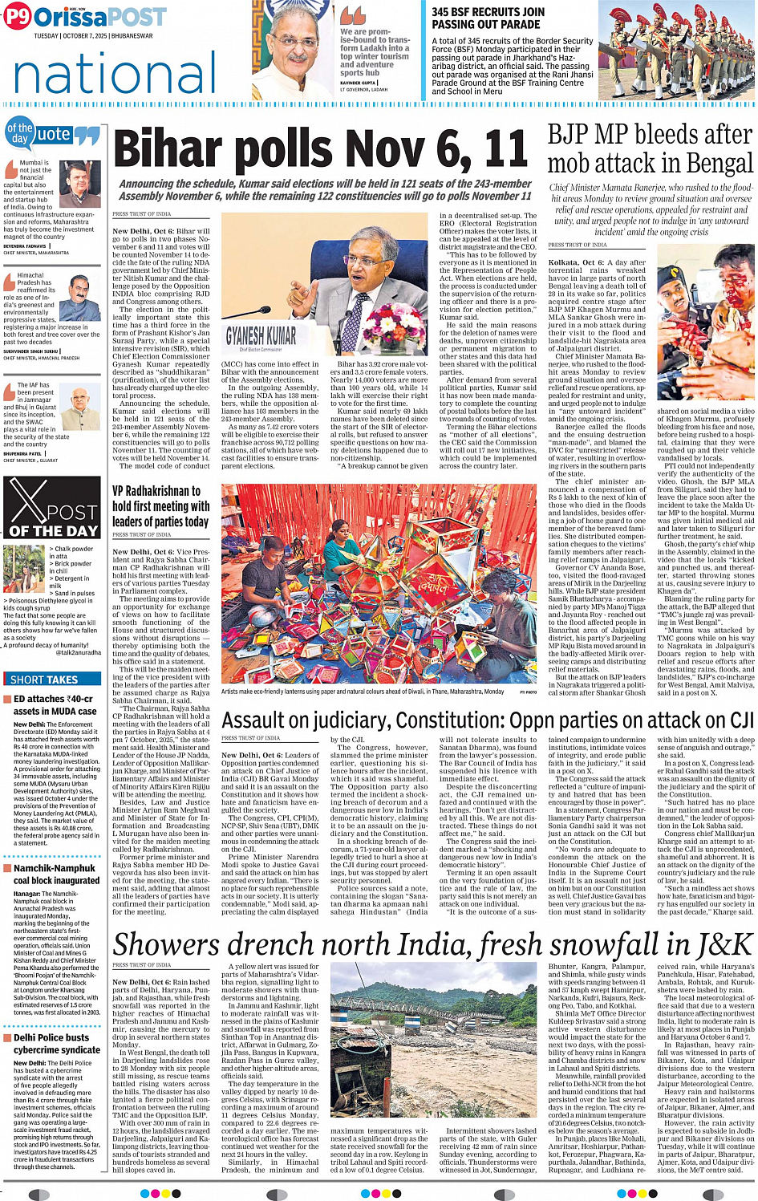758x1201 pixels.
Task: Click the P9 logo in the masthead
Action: pos(18,17)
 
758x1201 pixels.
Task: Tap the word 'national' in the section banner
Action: pos(116,75)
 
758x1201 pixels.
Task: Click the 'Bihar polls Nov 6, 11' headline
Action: pos(321,150)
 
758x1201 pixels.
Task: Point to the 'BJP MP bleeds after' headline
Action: pos(650,134)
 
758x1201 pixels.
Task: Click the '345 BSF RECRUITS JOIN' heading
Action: pos(488,12)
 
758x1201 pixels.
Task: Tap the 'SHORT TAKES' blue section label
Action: pos(44,680)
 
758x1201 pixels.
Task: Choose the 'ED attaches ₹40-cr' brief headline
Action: pos(54,704)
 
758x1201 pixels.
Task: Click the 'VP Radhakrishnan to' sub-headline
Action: pos(156,491)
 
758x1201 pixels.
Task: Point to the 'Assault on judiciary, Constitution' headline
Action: pos(485,720)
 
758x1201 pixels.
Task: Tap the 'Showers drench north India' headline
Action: pos(433,944)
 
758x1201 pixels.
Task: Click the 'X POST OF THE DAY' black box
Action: pos(52,508)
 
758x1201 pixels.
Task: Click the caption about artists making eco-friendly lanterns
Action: pos(363,691)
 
